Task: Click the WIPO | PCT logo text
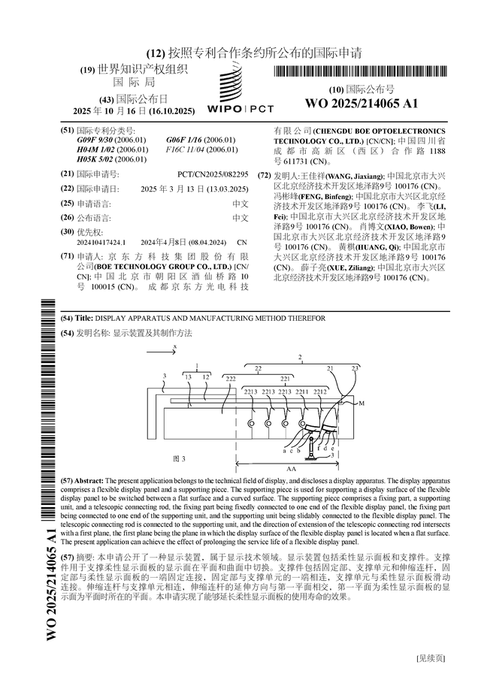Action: click(x=239, y=109)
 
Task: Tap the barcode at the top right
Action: click(x=362, y=72)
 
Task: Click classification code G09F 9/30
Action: click(x=95, y=140)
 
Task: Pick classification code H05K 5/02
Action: click(x=95, y=159)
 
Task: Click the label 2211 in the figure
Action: click(x=302, y=392)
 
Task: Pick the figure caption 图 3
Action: click(x=179, y=458)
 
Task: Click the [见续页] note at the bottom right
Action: click(x=431, y=658)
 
